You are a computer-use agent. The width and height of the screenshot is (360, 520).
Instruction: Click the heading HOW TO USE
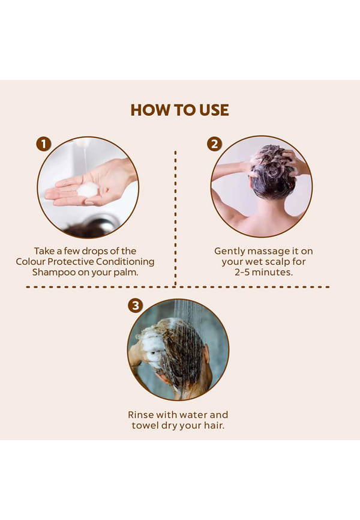[x=179, y=110]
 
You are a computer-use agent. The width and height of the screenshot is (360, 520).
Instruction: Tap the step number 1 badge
[x=43, y=144]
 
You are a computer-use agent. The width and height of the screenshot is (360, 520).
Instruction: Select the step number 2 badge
[x=214, y=144]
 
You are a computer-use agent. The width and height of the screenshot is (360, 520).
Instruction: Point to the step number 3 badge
[x=135, y=306]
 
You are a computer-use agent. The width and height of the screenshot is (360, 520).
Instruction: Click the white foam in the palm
[x=88, y=190]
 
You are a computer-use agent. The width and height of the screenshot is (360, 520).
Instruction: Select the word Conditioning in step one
[x=125, y=262]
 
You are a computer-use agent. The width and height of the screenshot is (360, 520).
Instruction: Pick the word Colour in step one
[x=30, y=262]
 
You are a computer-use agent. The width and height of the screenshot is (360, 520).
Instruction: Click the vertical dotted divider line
[x=175, y=218]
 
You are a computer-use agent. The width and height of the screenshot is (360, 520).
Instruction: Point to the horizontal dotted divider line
[x=178, y=287]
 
